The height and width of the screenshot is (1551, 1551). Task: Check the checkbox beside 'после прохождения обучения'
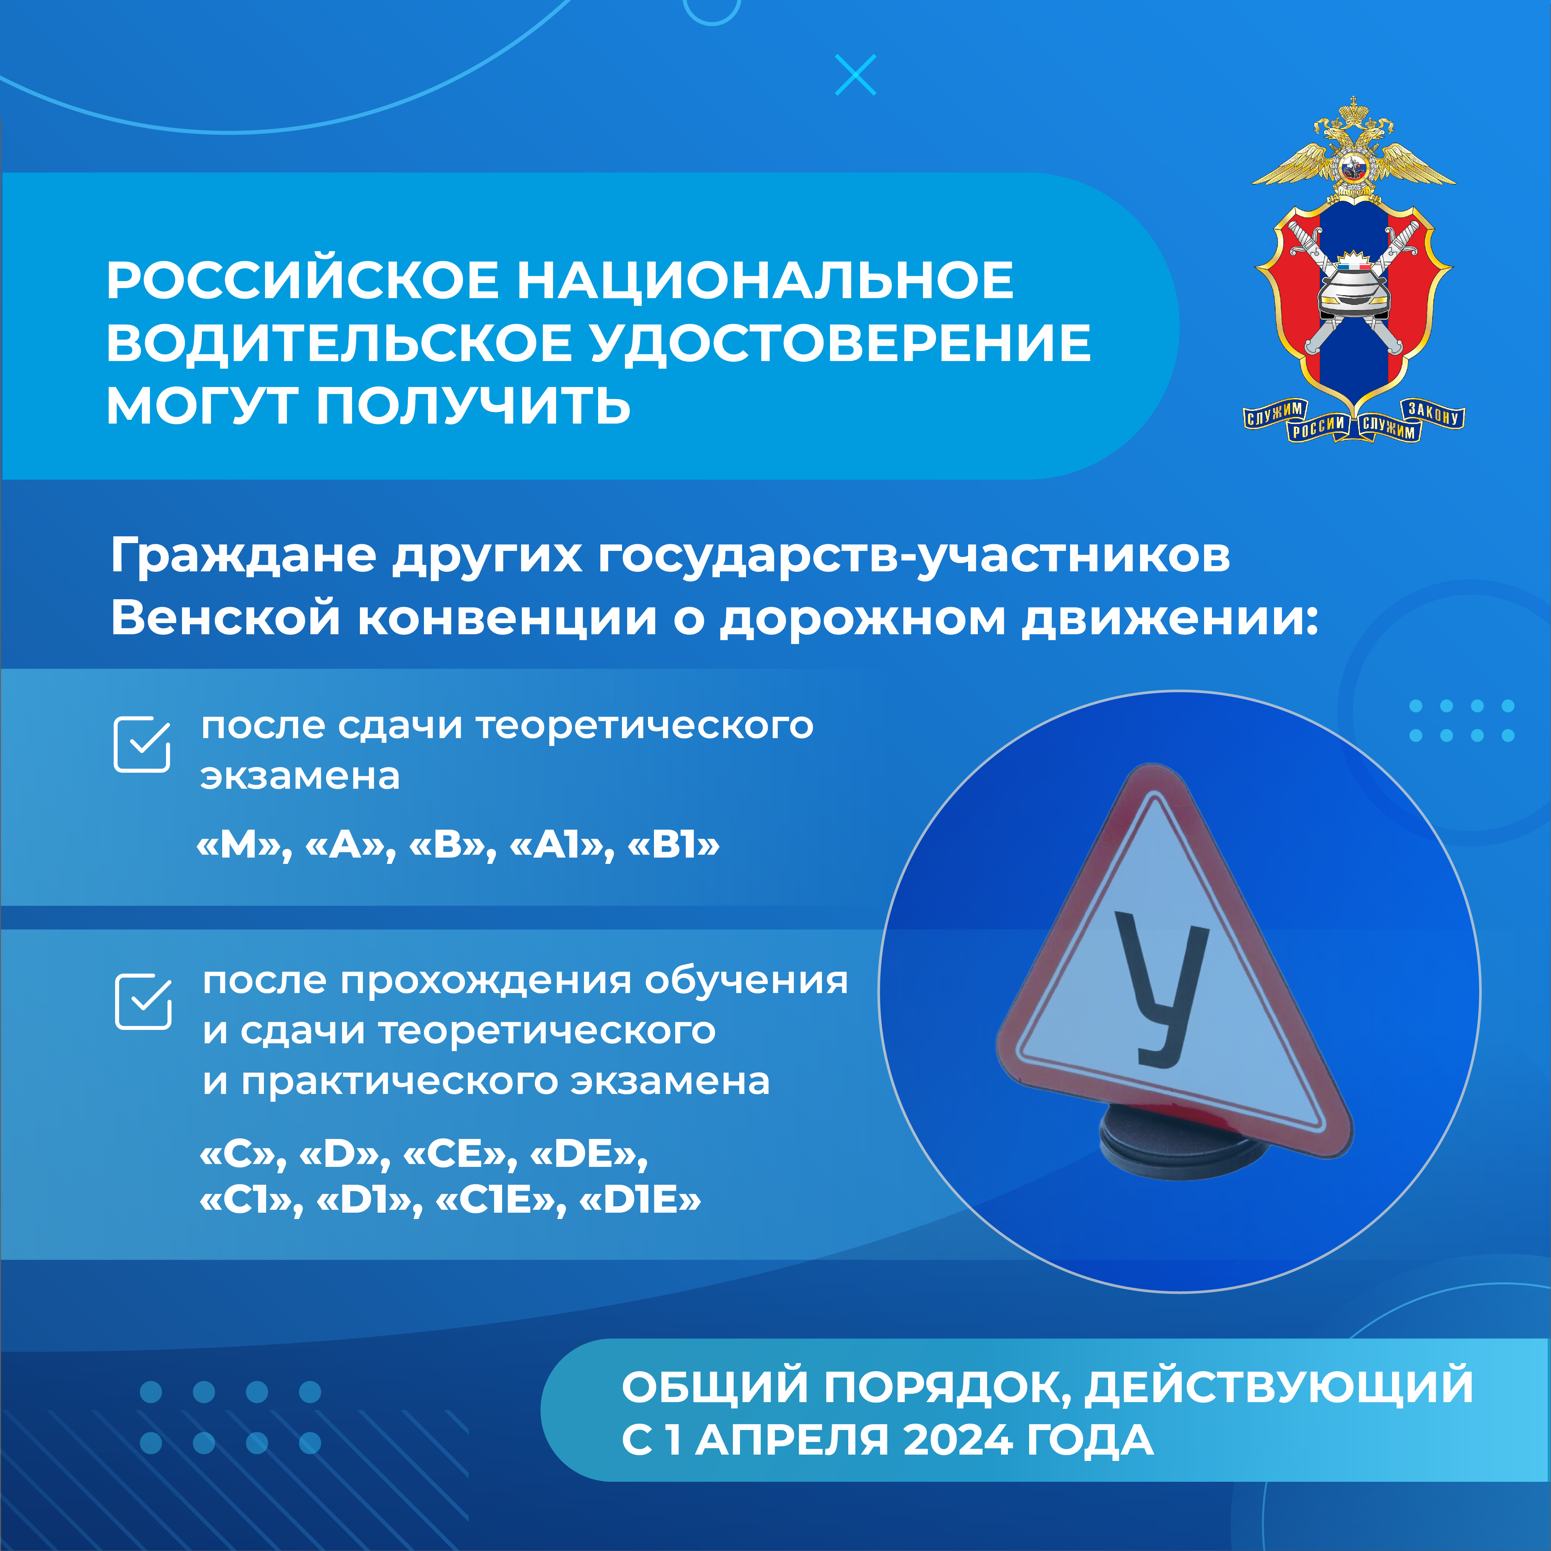pos(143,1001)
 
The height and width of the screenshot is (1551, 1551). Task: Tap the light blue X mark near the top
pos(856,75)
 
